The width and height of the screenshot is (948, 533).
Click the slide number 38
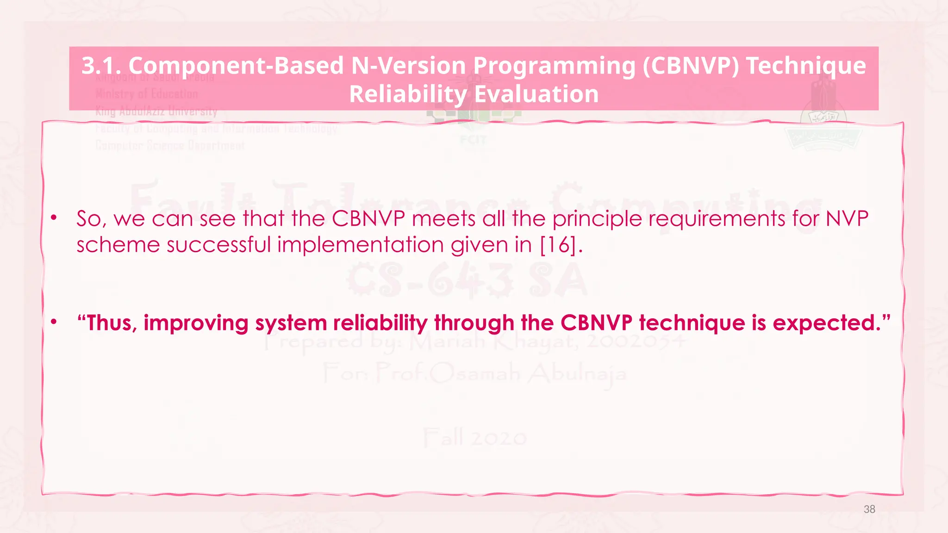pyautogui.click(x=869, y=509)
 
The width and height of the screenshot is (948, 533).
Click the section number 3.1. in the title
pyautogui.click(x=101, y=65)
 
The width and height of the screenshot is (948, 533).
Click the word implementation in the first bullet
pyautogui.click(x=361, y=244)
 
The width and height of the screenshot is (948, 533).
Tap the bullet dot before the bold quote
pyautogui.click(x=54, y=322)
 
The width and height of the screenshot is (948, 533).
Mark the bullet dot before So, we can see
pyautogui.click(x=54, y=217)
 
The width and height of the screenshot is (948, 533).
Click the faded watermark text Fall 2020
pyautogui.click(x=474, y=437)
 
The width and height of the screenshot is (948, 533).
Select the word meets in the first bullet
pyautogui.click(x=443, y=219)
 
